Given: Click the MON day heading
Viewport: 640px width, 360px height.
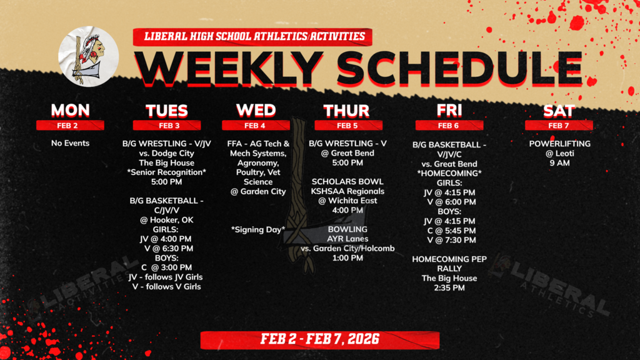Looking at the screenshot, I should [70, 111].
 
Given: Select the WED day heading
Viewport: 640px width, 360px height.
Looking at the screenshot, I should [256, 111].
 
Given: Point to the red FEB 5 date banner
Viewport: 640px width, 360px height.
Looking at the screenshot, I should [346, 125].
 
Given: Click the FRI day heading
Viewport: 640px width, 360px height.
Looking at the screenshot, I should [449, 111].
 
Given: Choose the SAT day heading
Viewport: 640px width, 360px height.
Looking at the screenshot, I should [559, 111].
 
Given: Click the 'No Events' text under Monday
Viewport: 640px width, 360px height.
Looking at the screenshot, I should [70, 143].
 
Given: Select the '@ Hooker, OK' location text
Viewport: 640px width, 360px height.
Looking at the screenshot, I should [166, 219].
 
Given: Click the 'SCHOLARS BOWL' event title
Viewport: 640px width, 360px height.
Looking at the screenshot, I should [348, 181].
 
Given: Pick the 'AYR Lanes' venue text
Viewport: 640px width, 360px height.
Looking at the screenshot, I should [348, 239].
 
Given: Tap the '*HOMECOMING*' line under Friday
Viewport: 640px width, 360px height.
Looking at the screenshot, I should [449, 173].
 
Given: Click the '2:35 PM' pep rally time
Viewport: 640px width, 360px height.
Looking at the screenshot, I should [449, 288].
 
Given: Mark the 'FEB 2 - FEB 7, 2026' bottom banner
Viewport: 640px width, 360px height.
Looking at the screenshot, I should [319, 340].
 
